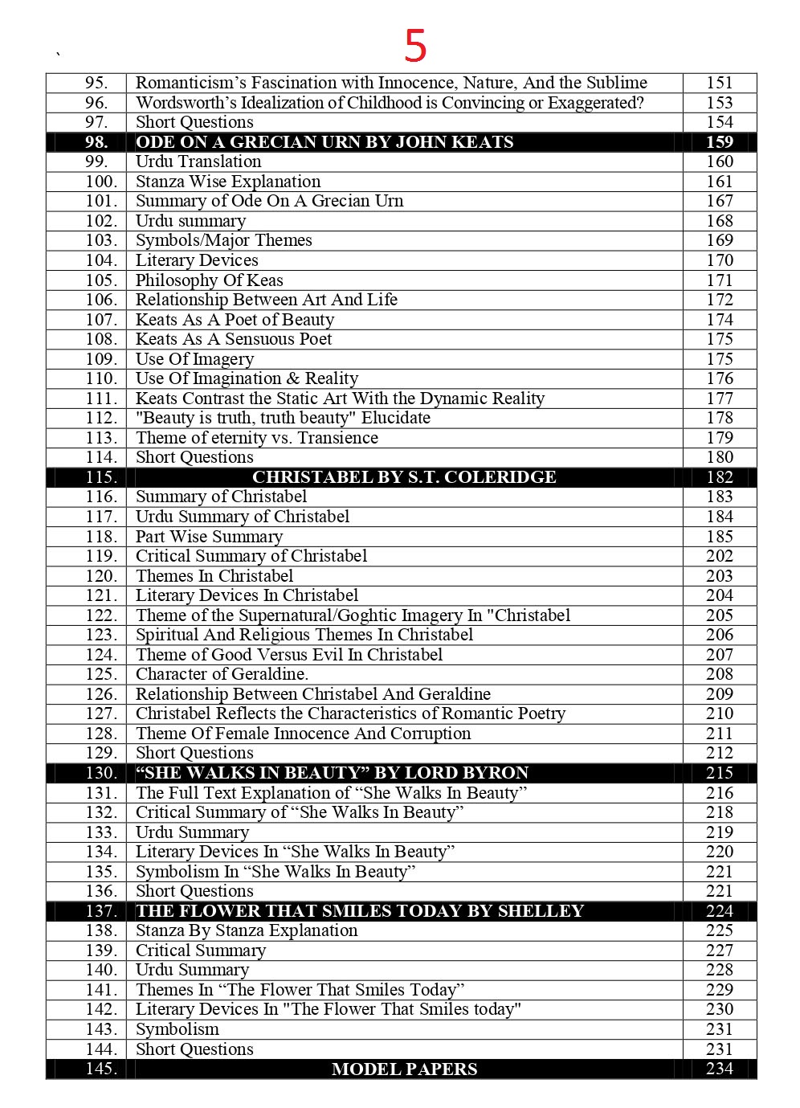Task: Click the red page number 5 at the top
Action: (x=415, y=46)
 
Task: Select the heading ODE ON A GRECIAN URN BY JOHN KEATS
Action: (x=324, y=142)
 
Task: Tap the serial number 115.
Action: (x=101, y=477)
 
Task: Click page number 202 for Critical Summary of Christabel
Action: (x=720, y=556)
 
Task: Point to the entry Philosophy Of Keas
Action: (x=209, y=280)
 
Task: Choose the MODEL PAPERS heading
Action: (x=404, y=1069)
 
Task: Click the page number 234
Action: (x=720, y=1069)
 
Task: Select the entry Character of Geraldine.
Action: (x=222, y=674)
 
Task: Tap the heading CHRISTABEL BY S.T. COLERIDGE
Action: (x=404, y=477)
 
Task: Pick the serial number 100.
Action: (x=101, y=182)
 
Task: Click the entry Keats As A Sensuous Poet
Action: (x=234, y=339)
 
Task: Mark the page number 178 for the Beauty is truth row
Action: (x=720, y=418)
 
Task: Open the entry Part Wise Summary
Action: (x=209, y=537)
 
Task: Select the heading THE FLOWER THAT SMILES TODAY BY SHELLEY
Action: (x=359, y=911)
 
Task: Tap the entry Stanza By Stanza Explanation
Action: (x=247, y=930)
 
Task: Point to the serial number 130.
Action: (x=101, y=773)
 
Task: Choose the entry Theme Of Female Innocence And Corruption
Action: (x=303, y=734)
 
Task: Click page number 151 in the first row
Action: (x=720, y=83)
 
